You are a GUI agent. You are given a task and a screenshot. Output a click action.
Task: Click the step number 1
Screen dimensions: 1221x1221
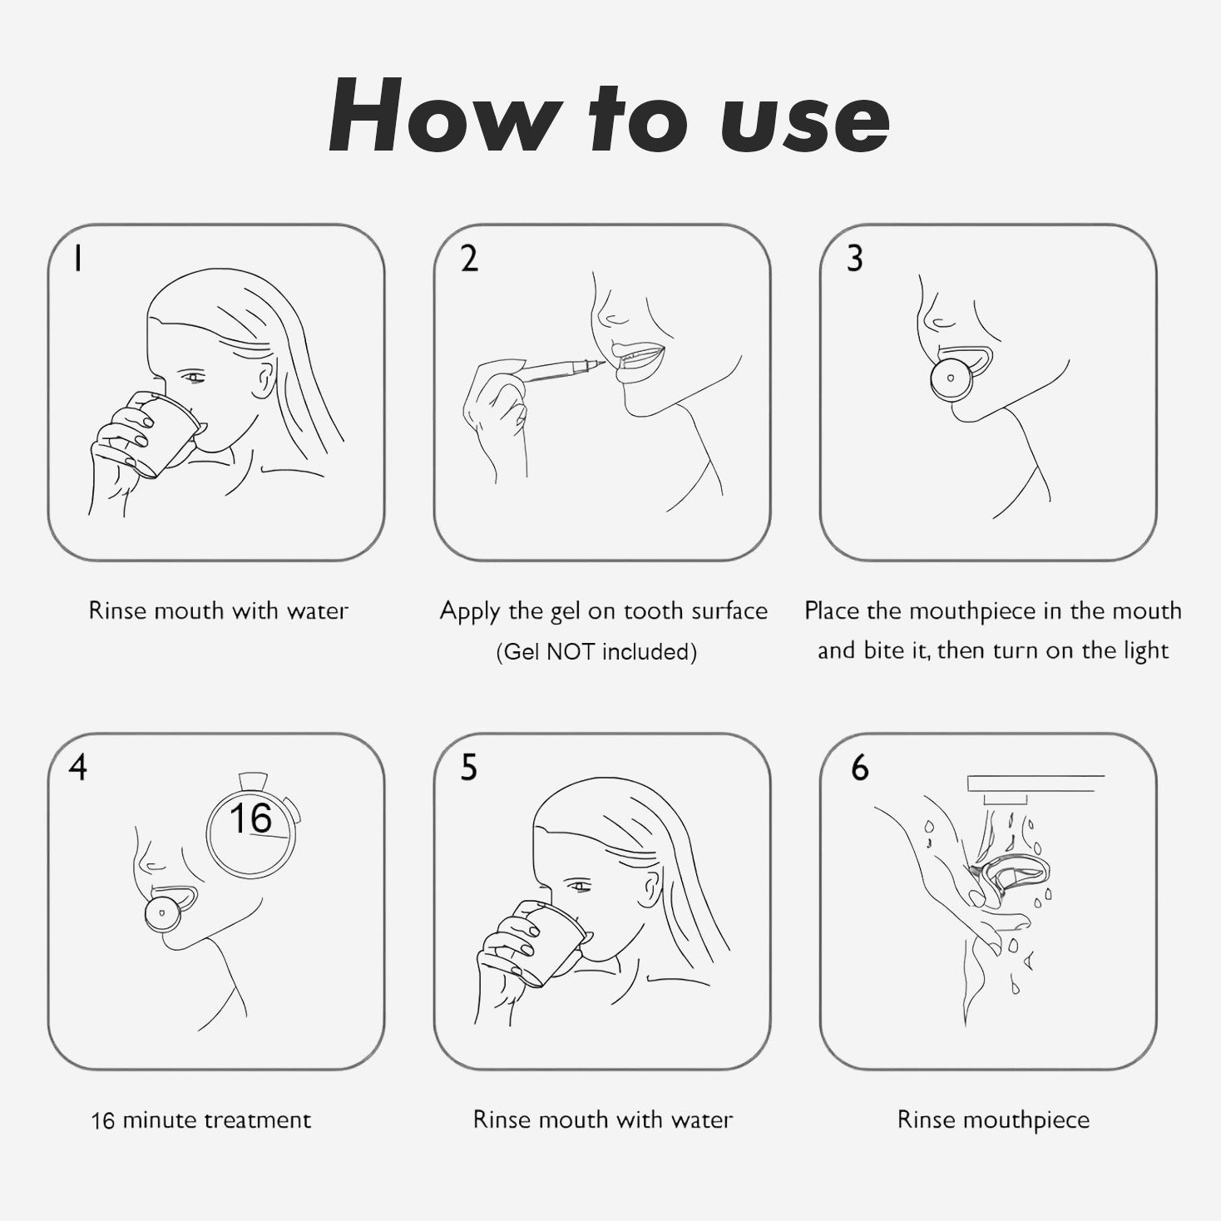(77, 259)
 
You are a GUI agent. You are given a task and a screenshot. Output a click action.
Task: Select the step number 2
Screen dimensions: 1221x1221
(469, 259)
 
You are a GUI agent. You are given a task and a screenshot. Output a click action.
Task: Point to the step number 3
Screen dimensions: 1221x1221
(855, 259)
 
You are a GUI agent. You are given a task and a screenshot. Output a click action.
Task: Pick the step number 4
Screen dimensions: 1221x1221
(77, 768)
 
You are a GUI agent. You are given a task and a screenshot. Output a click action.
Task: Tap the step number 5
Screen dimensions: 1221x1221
(468, 768)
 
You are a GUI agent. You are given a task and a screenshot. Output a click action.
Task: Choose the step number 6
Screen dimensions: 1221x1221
(860, 768)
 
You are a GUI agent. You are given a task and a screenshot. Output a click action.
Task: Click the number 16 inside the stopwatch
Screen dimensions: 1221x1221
(250, 818)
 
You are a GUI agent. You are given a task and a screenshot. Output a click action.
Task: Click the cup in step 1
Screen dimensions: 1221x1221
(164, 433)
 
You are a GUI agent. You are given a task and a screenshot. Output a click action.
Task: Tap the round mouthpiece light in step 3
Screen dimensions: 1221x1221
(951, 379)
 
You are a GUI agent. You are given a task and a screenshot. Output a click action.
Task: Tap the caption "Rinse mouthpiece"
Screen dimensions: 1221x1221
(994, 1120)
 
